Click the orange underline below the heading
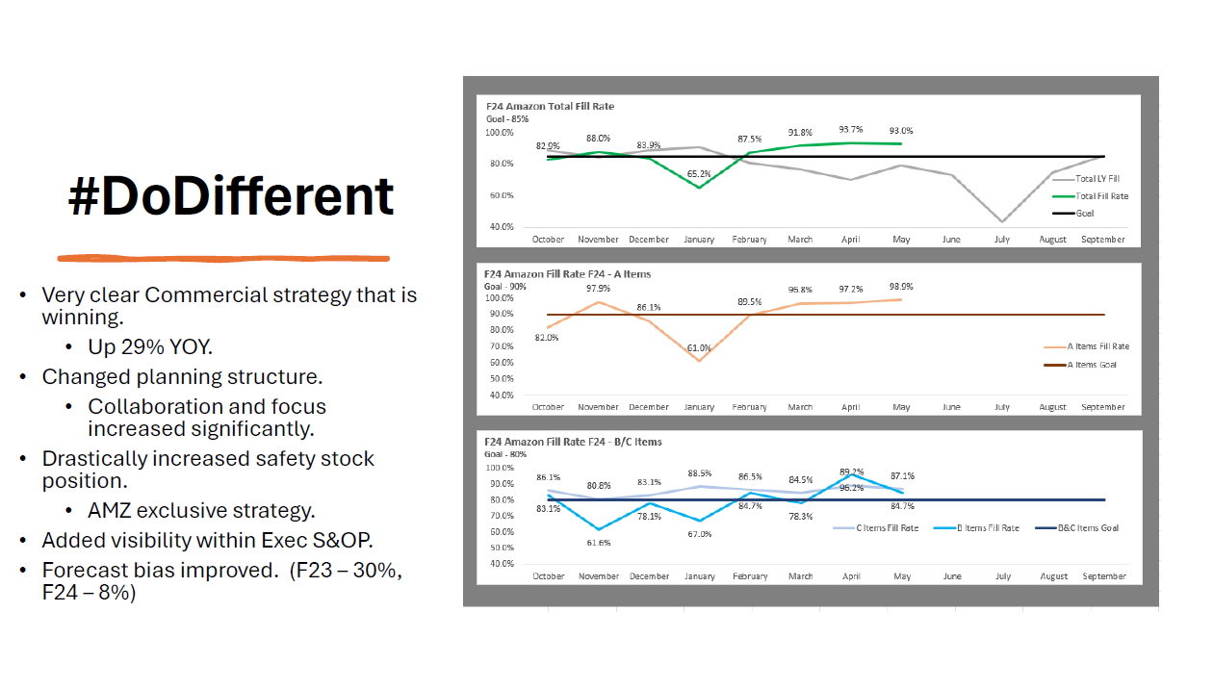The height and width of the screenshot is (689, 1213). click(x=223, y=258)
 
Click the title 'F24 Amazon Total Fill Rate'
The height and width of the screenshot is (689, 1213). click(x=549, y=106)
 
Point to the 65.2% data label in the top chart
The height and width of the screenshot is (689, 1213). click(x=700, y=174)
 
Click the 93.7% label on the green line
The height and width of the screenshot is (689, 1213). click(x=851, y=129)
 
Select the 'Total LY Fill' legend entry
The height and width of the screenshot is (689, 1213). click(x=1097, y=179)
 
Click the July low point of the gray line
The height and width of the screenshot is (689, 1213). click(x=1002, y=222)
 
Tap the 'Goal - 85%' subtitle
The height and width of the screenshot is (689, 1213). click(x=507, y=118)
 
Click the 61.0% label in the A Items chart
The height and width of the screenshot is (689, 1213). click(x=700, y=347)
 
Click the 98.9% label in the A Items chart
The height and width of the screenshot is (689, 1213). click(x=902, y=287)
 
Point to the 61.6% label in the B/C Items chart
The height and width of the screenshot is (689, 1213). click(x=599, y=542)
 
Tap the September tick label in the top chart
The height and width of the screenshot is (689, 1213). click(x=1103, y=239)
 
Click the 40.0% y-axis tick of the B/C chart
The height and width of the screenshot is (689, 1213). click(x=501, y=564)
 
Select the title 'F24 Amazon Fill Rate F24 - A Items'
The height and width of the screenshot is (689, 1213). click(x=567, y=274)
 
